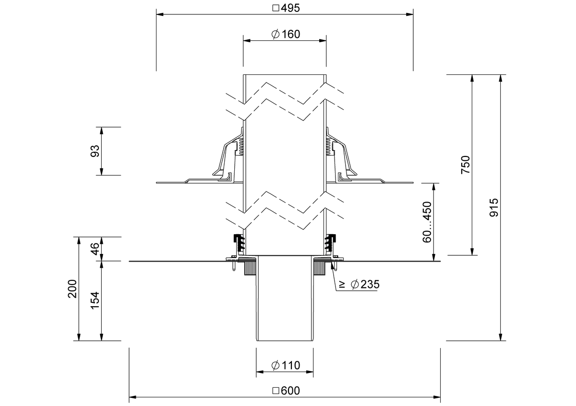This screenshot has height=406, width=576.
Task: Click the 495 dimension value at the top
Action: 290,8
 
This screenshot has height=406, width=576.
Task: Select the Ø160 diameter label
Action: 286,34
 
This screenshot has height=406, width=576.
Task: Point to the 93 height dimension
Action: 95,151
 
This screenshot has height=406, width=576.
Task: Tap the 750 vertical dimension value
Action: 466,165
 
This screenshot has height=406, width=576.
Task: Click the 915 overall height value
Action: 494,207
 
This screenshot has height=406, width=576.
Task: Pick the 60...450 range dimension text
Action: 427,222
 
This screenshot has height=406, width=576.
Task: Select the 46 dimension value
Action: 95,249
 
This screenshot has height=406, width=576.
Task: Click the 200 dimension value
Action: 72,288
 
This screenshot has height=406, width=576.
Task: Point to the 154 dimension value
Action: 95,300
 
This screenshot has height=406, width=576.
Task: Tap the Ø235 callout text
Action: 365,284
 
